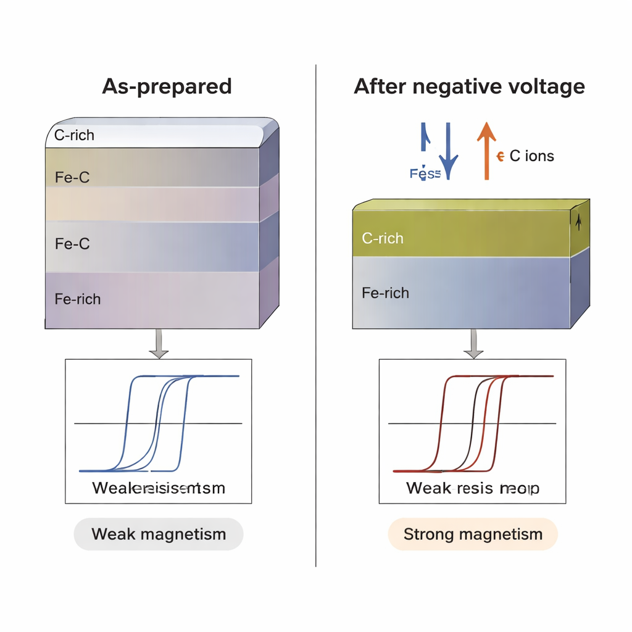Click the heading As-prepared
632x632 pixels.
click(x=167, y=86)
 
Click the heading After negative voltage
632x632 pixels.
click(x=469, y=86)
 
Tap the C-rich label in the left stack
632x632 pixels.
click(x=74, y=135)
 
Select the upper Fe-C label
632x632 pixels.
click(x=72, y=177)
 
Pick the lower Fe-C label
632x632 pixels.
click(x=72, y=244)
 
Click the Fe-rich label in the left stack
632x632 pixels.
click(x=78, y=299)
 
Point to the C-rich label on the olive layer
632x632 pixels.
click(x=383, y=238)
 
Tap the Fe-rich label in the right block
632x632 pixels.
click(x=385, y=293)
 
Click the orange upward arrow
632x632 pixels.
click(x=486, y=151)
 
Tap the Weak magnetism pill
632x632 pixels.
click(x=159, y=534)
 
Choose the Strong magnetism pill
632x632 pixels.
click(x=473, y=534)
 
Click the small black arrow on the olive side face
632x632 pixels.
click(x=578, y=223)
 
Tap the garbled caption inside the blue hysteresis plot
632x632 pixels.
click(x=159, y=488)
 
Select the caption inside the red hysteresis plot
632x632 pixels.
click(x=473, y=488)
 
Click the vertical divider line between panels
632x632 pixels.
click(x=316, y=315)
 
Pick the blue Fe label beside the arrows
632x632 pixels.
click(x=425, y=174)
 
